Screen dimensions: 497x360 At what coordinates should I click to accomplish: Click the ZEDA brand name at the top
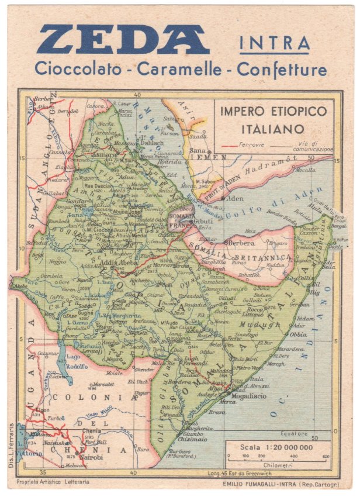point(123,40)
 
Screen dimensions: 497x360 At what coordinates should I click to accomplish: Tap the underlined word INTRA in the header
point(274,44)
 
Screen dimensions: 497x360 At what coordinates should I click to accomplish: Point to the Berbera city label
point(240,242)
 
